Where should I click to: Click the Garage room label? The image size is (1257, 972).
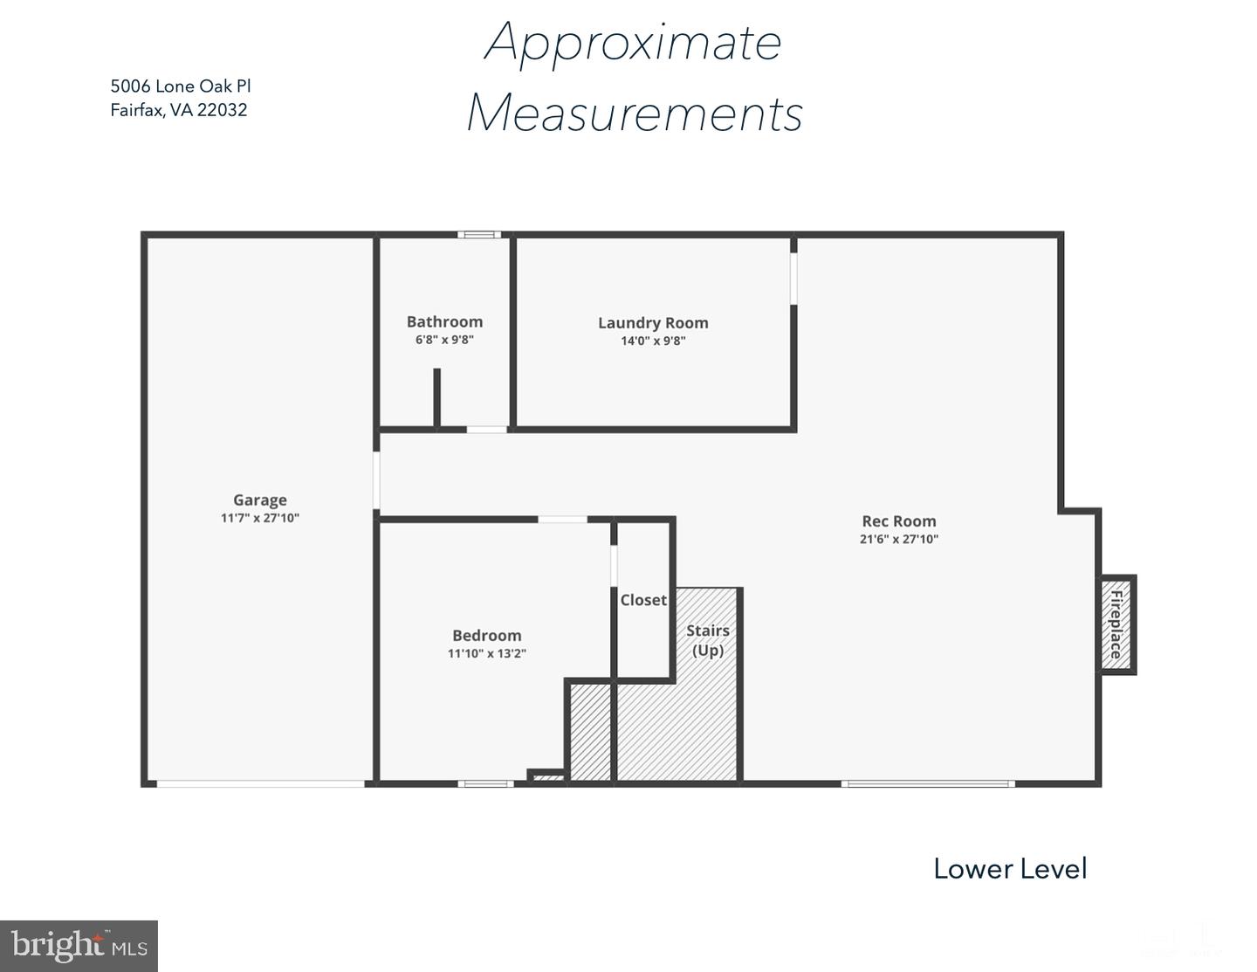[x=260, y=500]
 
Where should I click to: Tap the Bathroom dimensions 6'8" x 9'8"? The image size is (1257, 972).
[x=444, y=340]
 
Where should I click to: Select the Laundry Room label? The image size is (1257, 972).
[x=653, y=323]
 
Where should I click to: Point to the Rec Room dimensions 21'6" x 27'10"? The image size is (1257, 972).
[x=899, y=539]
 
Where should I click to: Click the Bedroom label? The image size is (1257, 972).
[x=486, y=635]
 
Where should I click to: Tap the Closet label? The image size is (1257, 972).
[x=643, y=600]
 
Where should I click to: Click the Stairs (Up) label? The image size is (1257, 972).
[x=708, y=640]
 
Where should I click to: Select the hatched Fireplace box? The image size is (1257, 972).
[x=1117, y=625]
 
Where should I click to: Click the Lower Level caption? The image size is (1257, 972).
[x=1011, y=869]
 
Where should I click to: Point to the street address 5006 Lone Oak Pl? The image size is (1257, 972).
[x=181, y=86]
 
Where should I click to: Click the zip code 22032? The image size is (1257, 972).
[x=222, y=110]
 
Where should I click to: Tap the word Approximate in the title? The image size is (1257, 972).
[x=634, y=42]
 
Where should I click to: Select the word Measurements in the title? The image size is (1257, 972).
[x=635, y=113]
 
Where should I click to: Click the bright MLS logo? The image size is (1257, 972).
[x=79, y=946]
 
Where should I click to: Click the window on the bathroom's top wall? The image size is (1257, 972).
[x=479, y=234]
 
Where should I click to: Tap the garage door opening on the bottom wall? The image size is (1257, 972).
[x=260, y=784]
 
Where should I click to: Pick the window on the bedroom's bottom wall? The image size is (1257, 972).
[x=486, y=784]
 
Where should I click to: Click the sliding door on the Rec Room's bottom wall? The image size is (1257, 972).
[x=928, y=784]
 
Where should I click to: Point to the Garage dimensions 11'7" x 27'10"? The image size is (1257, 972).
[x=260, y=518]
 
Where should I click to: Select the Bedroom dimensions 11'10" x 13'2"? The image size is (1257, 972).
[x=486, y=653]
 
